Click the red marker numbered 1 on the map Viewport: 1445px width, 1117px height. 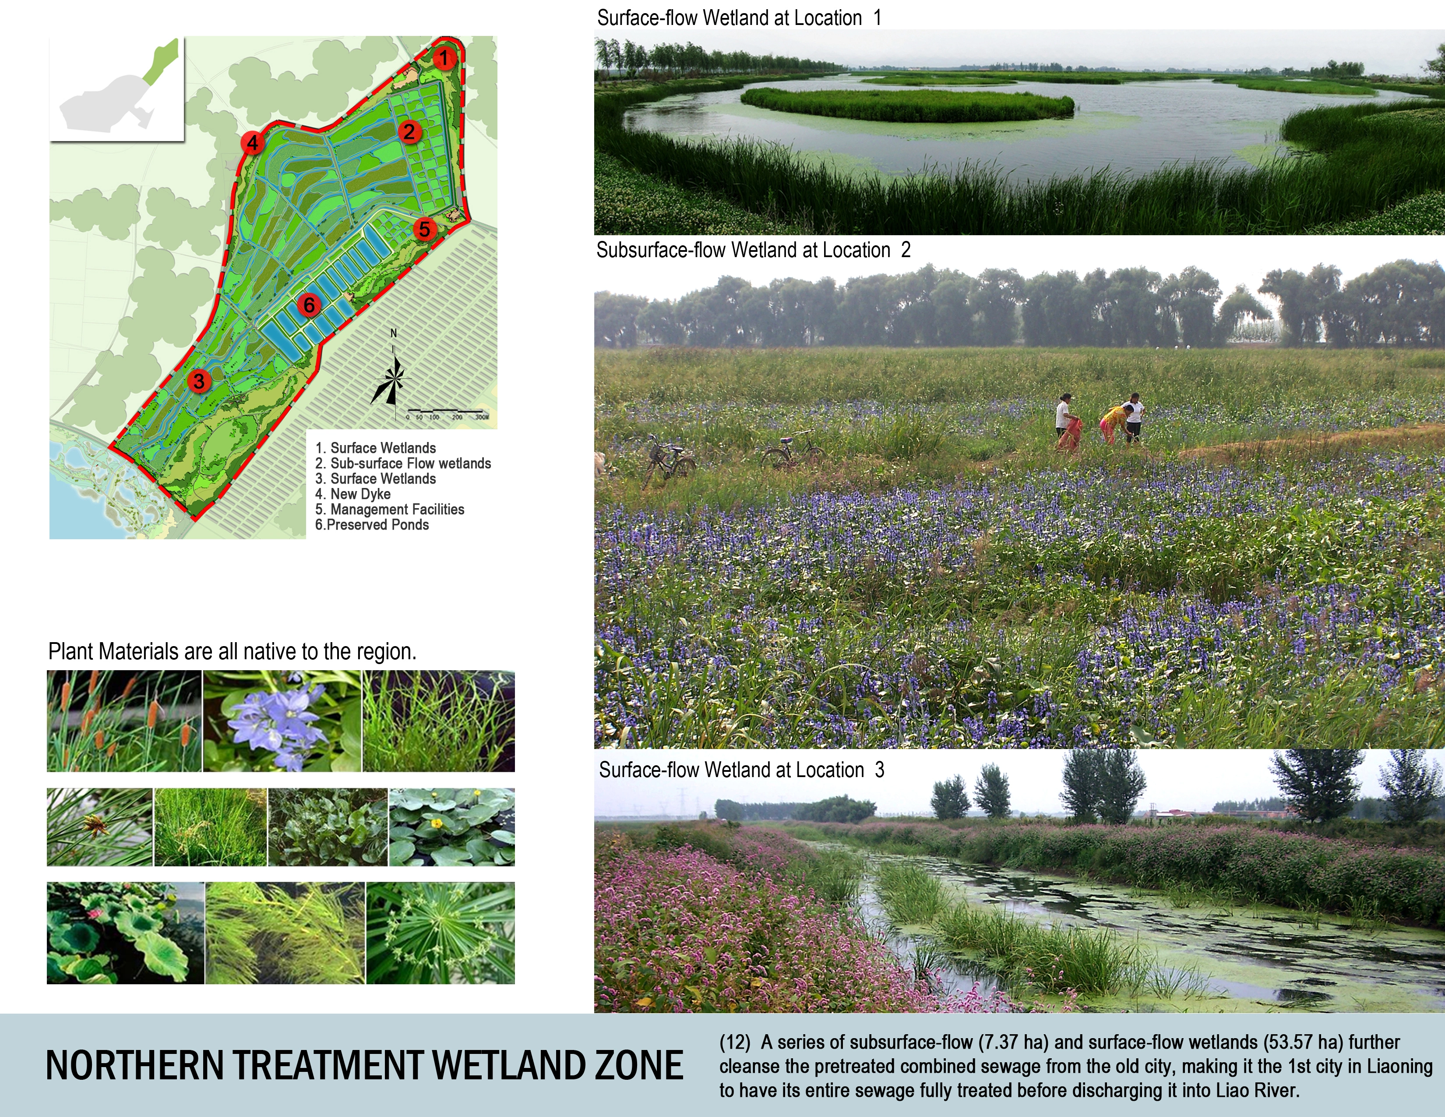(444, 58)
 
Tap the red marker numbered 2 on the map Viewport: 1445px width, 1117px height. (409, 132)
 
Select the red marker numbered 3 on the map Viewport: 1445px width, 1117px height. (198, 381)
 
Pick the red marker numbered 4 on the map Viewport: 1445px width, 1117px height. (252, 142)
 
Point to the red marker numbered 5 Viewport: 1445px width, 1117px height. (424, 229)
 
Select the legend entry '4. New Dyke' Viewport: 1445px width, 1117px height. (352, 494)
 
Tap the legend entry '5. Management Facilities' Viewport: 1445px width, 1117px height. (390, 509)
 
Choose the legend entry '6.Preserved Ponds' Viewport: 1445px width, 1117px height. (372, 525)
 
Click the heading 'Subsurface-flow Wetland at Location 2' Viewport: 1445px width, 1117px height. (754, 250)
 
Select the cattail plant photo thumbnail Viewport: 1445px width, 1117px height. (124, 721)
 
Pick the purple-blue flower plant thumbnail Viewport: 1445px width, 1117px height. (282, 721)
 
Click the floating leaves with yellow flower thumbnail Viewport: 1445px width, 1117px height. (451, 827)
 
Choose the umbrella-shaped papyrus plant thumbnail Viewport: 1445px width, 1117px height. (441, 933)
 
